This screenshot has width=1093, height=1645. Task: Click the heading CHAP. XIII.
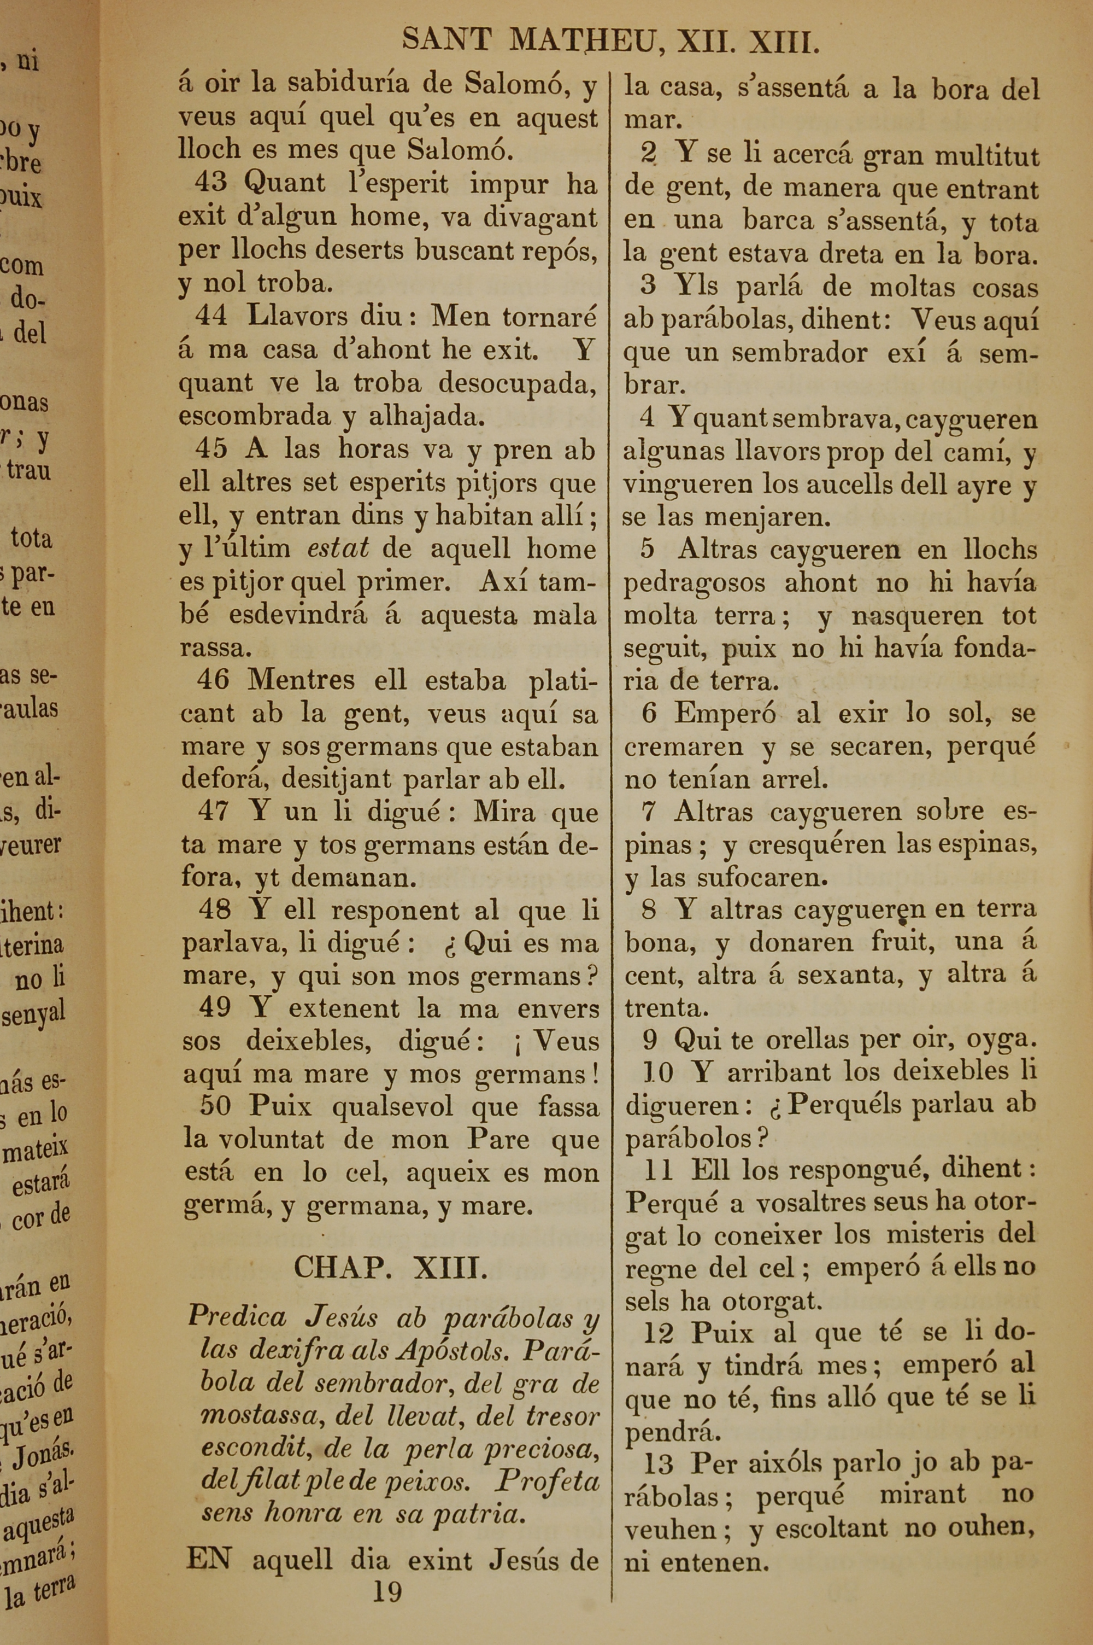(390, 1267)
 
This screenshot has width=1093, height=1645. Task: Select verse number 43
(211, 183)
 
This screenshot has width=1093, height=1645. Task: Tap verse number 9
(649, 1040)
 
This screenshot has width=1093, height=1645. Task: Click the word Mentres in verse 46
(301, 679)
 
